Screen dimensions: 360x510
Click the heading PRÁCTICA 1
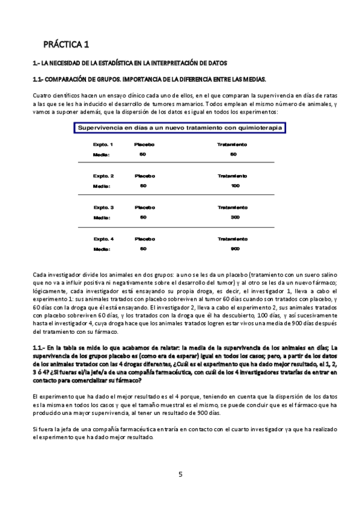pyautogui.click(x=66, y=44)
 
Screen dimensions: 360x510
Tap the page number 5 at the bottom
pyautogui.click(x=180, y=474)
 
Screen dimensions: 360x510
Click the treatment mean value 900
pyautogui.click(x=234, y=248)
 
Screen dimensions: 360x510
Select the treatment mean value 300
pyautogui.click(x=234, y=217)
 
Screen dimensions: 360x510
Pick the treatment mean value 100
pyautogui.click(x=234, y=185)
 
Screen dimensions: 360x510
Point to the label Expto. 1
pyautogui.click(x=103, y=145)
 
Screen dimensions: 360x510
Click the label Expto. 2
pyautogui.click(x=103, y=176)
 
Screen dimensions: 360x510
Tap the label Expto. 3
pyautogui.click(x=103, y=207)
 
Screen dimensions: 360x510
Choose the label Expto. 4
pyautogui.click(x=103, y=239)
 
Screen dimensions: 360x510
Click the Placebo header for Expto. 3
pyautogui.click(x=144, y=207)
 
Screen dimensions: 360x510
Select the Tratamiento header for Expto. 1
pyautogui.click(x=232, y=145)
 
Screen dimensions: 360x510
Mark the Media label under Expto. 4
pyautogui.click(x=101, y=248)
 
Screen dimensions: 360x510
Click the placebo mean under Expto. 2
pyautogui.click(x=142, y=185)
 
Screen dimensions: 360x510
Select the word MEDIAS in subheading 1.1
pyautogui.click(x=253, y=79)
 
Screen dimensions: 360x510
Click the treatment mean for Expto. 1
pyautogui.click(x=233, y=154)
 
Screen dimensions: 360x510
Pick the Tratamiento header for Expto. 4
pyautogui.click(x=232, y=239)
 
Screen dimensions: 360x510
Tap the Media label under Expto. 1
pyautogui.click(x=101, y=154)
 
